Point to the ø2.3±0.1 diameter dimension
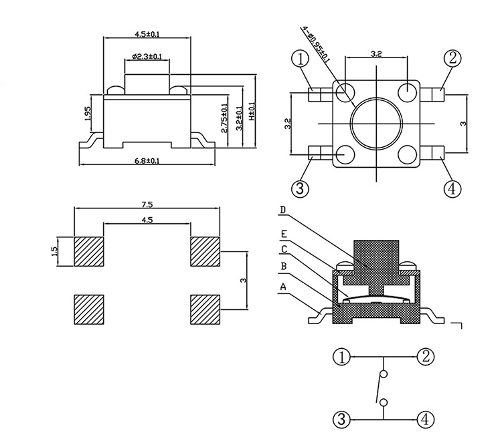click(147, 57)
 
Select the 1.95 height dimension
click(88, 114)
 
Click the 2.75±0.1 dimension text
click(224, 117)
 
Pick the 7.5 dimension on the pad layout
click(148, 204)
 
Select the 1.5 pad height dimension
click(56, 253)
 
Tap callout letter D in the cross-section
click(283, 210)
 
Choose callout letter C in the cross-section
click(283, 249)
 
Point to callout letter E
click(283, 234)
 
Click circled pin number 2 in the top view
click(452, 58)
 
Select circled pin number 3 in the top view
click(301, 189)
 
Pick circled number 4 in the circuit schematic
click(425, 420)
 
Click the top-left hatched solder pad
click(88, 251)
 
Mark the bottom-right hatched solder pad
click(206, 308)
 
